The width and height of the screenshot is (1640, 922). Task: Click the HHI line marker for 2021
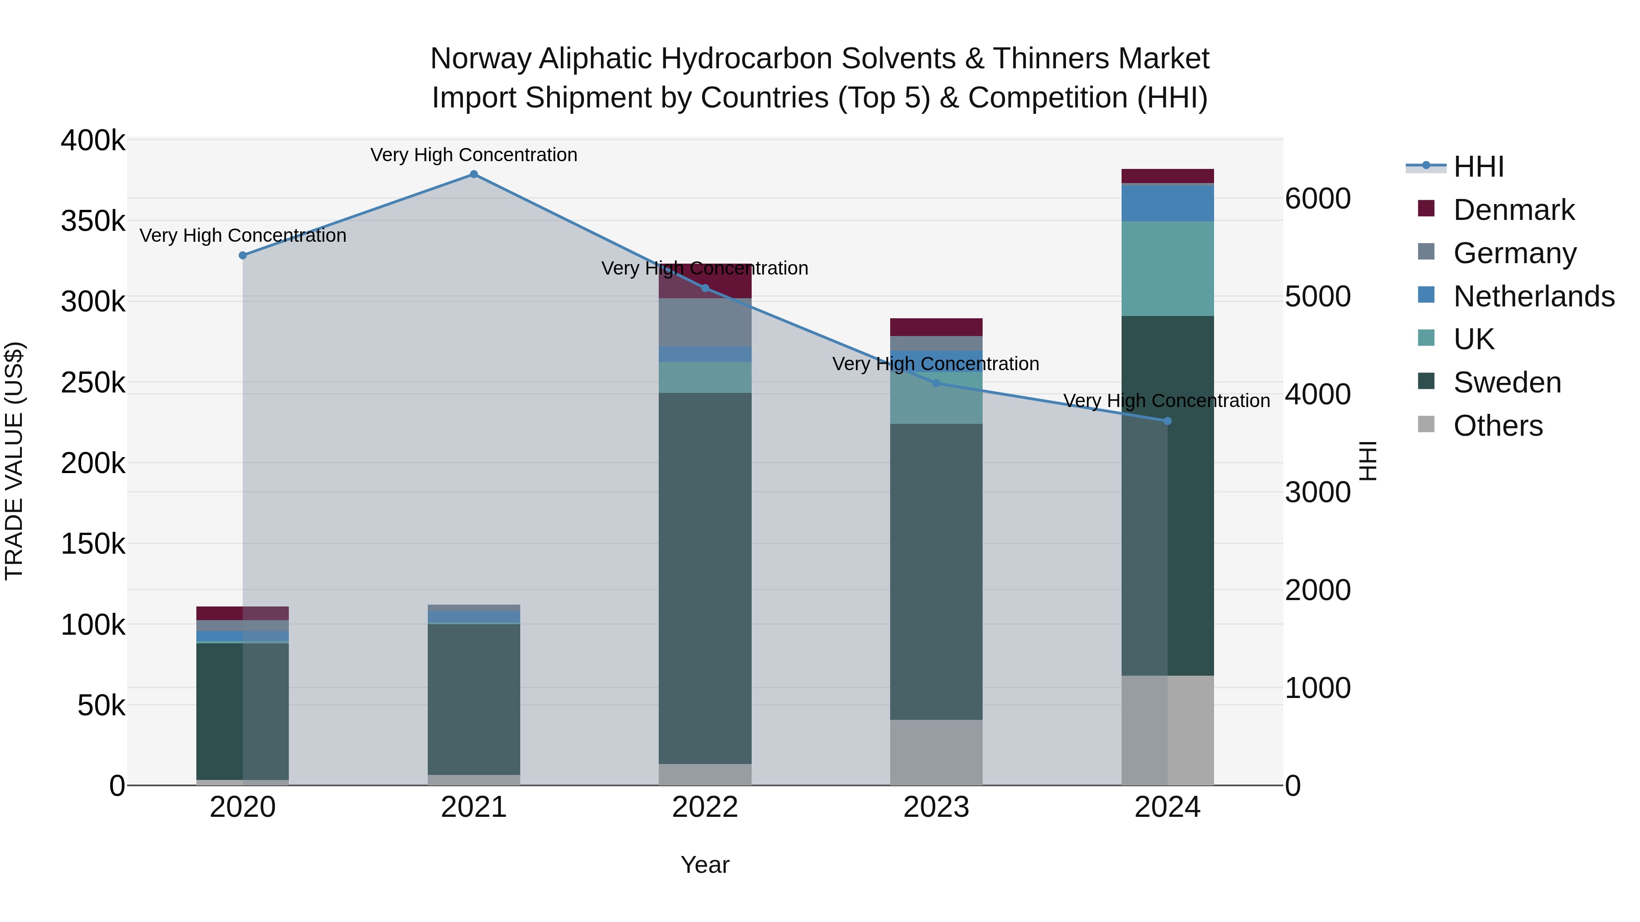[474, 174]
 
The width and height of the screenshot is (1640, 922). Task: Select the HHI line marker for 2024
[1167, 421]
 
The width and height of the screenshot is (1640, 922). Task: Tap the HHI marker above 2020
[242, 255]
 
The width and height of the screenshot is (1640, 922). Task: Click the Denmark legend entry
[1513, 210]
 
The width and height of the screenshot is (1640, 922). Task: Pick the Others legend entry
[1497, 426]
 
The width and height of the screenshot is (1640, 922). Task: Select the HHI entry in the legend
[1478, 167]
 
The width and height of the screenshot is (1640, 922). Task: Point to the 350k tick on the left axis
[93, 221]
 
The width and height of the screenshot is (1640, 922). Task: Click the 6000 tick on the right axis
[1317, 199]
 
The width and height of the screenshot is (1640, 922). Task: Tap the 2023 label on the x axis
[936, 807]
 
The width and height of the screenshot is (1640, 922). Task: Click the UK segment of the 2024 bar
[1167, 269]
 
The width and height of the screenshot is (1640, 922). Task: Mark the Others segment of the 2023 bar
[936, 752]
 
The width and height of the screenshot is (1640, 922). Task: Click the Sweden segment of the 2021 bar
[474, 698]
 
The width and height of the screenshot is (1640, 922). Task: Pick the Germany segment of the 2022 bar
[705, 322]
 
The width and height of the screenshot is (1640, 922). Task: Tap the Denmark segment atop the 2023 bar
[936, 327]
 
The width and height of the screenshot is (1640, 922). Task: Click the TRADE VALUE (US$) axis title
[14, 461]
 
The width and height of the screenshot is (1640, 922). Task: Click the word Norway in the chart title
[480, 59]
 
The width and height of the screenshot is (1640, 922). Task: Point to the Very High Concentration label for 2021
[474, 155]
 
